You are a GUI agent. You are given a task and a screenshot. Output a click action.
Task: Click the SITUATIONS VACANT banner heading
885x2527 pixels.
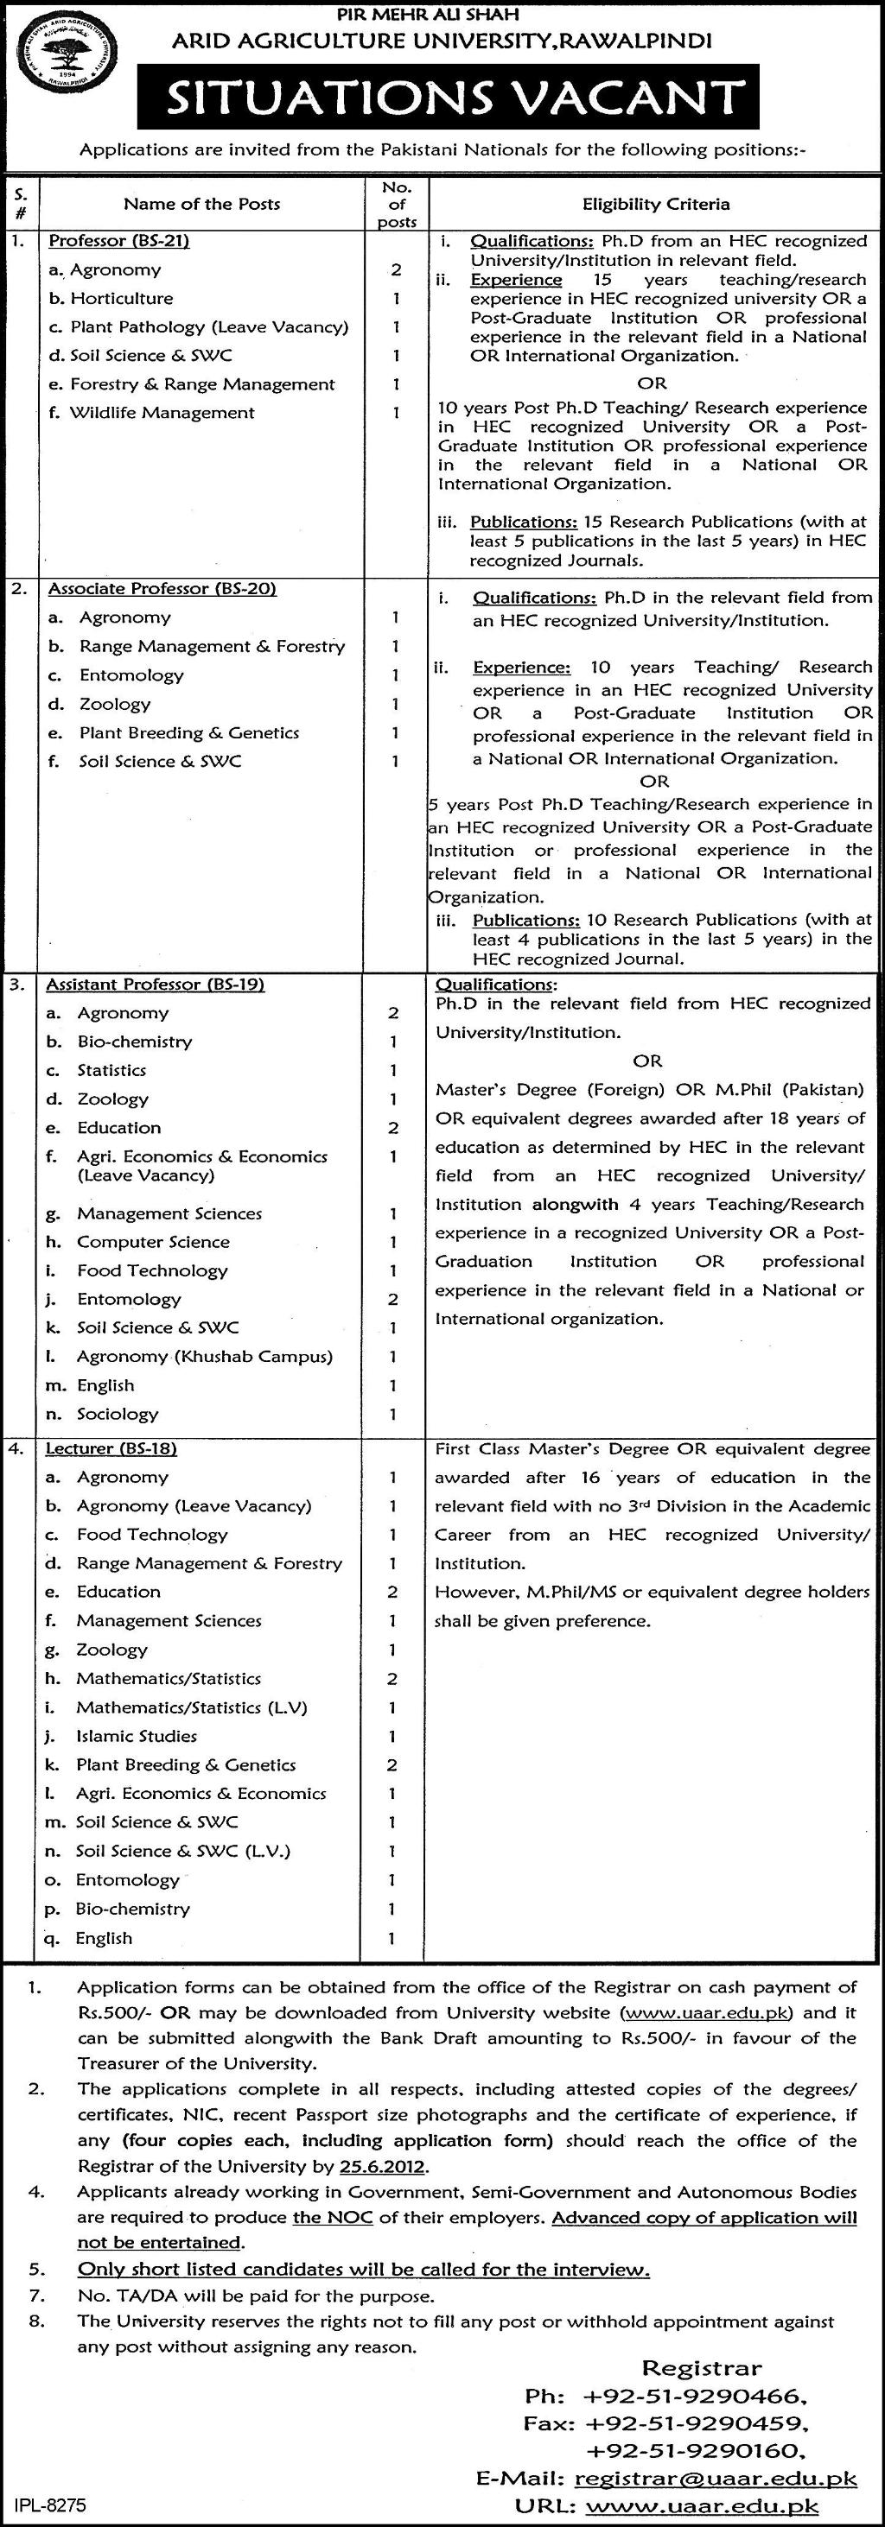coord(449,98)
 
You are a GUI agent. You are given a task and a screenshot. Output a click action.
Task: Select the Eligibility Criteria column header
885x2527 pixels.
coord(655,204)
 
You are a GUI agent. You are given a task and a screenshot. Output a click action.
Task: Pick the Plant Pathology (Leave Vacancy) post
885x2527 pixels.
coord(208,326)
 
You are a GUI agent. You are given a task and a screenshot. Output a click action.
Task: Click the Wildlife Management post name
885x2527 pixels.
coord(161,413)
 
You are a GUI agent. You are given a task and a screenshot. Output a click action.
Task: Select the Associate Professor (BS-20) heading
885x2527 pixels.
coord(162,589)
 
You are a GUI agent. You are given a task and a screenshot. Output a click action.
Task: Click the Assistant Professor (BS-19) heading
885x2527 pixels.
coord(157,984)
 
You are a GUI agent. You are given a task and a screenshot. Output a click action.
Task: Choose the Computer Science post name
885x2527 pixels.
coord(153,1242)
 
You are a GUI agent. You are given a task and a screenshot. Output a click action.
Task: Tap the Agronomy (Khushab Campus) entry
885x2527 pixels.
coord(204,1357)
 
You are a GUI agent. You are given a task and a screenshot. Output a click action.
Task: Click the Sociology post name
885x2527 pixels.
coord(117,1414)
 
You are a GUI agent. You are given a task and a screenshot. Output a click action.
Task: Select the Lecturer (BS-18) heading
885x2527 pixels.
coord(113,1448)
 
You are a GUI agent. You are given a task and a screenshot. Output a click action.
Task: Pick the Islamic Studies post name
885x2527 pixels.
coord(137,1736)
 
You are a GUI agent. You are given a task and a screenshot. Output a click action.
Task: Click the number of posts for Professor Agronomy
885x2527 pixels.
coord(397,269)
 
